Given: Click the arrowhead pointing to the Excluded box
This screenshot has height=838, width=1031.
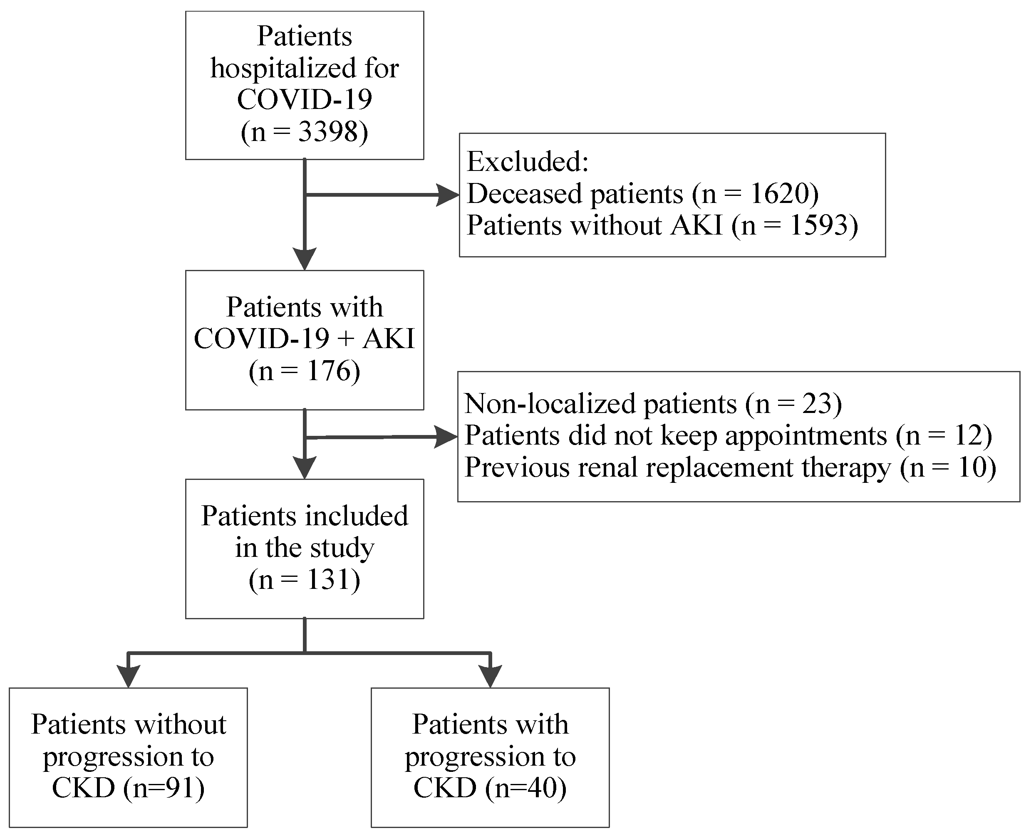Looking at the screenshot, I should coord(448,195).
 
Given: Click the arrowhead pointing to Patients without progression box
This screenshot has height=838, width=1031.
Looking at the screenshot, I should coord(129,676).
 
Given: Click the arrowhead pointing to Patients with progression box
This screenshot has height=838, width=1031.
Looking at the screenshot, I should coord(490,676).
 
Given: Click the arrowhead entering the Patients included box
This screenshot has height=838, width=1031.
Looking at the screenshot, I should coord(305,467).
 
